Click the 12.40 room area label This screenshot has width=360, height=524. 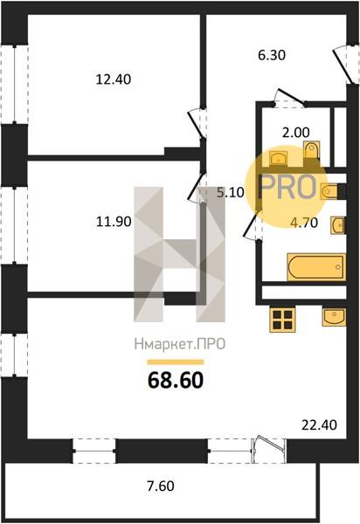pyautogui.click(x=114, y=79)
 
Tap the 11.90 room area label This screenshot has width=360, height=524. pyautogui.click(x=114, y=222)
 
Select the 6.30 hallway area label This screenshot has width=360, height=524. pyautogui.click(x=272, y=55)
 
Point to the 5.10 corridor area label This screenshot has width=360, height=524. pyautogui.click(x=231, y=192)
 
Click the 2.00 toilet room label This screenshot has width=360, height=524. pyautogui.click(x=296, y=133)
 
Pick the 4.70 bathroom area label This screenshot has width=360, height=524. pyautogui.click(x=304, y=223)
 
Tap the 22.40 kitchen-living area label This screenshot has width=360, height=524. pyautogui.click(x=319, y=425)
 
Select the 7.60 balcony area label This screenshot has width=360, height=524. pyautogui.click(x=161, y=486)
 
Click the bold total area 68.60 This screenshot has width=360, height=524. pyautogui.click(x=176, y=380)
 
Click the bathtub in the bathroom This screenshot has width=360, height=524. pyautogui.click(x=315, y=267)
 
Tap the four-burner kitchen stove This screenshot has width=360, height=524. pyautogui.click(x=282, y=320)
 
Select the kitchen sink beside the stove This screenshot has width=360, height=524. pyautogui.click(x=334, y=317)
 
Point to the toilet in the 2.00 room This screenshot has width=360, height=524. pyautogui.click(x=312, y=150)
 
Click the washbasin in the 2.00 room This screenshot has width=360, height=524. pyautogui.click(x=278, y=158)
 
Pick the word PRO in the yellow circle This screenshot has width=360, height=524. pyautogui.click(x=287, y=187)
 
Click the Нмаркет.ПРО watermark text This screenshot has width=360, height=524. pyautogui.click(x=180, y=344)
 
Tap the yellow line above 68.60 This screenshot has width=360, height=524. pyautogui.click(x=176, y=362)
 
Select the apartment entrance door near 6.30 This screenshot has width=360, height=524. pyautogui.click(x=343, y=65)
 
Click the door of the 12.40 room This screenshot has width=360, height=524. pyautogui.click(x=197, y=124)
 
